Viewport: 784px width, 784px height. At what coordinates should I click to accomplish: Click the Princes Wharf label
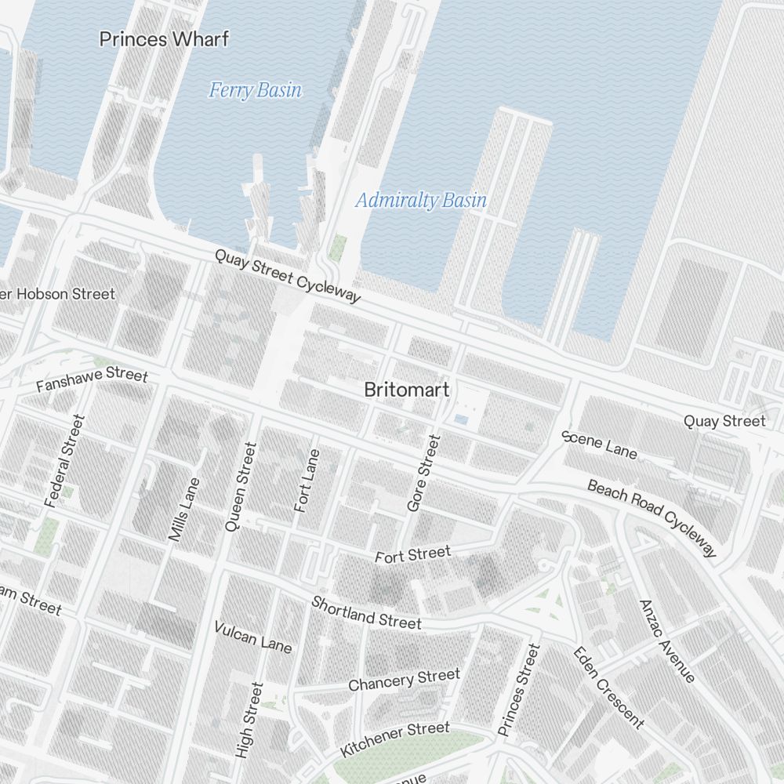point(164,39)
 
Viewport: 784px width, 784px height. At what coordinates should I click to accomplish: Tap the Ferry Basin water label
point(255,90)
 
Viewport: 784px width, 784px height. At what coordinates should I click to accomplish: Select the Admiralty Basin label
point(421,200)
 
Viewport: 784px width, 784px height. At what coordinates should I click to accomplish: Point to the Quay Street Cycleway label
point(288,277)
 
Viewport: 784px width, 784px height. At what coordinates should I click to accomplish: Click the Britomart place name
point(407,390)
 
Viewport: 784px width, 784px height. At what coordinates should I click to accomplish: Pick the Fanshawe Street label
point(92,380)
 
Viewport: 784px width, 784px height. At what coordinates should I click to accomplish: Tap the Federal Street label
point(64,461)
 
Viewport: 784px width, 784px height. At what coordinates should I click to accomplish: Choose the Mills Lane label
point(185,509)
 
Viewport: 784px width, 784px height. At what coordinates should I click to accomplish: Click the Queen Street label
point(241,487)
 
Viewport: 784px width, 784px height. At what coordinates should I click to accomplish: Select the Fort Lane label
point(307,481)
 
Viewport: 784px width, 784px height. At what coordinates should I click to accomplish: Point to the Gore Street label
point(424,474)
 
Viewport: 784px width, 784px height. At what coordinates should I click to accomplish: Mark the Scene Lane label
point(600,445)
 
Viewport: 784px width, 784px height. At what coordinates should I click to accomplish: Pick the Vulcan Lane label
point(252,637)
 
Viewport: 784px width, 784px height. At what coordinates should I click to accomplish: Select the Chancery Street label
point(404,680)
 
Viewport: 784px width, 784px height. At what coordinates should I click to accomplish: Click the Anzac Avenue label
point(666,641)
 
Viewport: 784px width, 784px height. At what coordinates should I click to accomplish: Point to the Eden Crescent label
point(608,688)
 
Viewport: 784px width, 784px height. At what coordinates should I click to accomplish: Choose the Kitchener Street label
point(395,739)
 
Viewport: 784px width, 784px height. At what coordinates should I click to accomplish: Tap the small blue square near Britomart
point(461,420)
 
